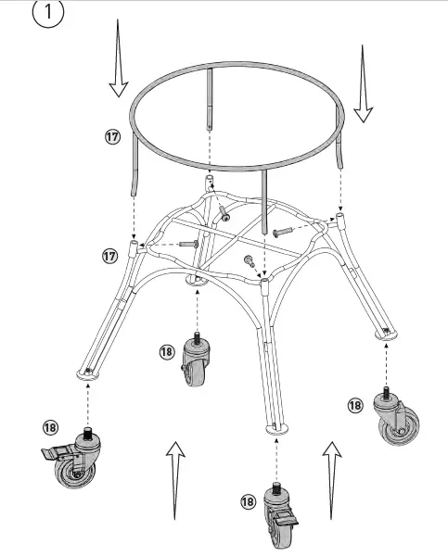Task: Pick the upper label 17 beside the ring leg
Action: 111,136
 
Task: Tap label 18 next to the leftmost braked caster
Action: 50,427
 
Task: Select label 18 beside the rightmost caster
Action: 354,405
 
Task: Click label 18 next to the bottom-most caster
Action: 247,501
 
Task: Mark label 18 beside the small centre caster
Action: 166,351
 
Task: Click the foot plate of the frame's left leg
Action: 87,373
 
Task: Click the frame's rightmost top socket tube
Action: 341,219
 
